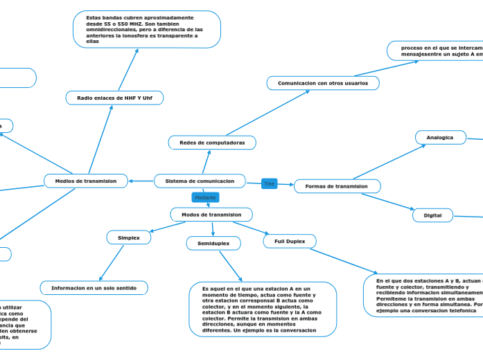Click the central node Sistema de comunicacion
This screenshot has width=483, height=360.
200,181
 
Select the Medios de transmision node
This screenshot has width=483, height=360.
86,181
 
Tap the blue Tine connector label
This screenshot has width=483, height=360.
270,184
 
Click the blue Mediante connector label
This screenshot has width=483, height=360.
205,198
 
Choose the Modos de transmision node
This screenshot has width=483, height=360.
211,215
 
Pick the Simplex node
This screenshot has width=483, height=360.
129,237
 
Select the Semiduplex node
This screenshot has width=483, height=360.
213,244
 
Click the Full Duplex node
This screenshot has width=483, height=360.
290,242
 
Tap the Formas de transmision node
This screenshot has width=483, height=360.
337,186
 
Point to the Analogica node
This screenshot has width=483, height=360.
440,138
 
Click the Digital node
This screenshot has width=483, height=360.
432,215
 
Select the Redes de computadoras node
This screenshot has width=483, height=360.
212,143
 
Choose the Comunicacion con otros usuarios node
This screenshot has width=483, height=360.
323,83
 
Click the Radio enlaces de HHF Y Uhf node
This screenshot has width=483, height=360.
114,98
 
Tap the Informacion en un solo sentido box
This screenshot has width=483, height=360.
94,287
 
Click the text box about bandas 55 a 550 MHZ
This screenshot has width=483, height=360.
147,29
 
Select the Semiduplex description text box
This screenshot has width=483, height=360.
263,309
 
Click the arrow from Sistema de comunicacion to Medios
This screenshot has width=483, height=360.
141,181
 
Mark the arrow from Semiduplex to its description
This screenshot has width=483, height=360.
231,266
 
